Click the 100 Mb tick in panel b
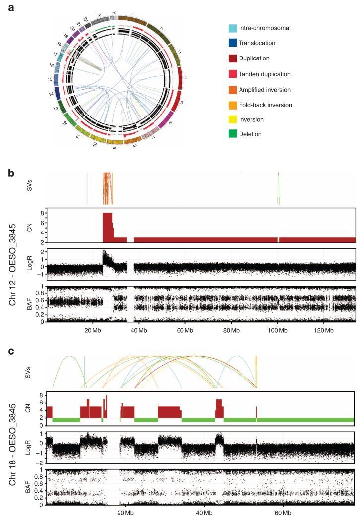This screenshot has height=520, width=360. (x=277, y=328)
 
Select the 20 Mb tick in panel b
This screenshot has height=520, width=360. (x=92, y=328)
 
